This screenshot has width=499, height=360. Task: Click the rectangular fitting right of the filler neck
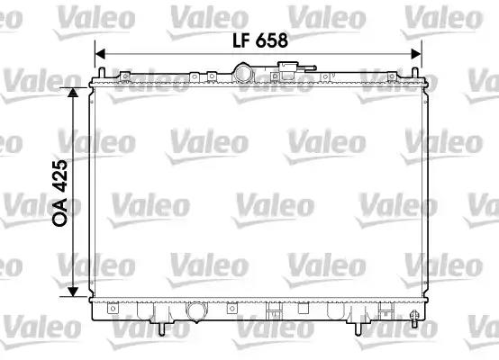(288, 68)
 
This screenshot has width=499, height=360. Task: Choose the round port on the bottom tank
(195, 312)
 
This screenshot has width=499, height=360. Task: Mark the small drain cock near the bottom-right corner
(413, 319)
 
